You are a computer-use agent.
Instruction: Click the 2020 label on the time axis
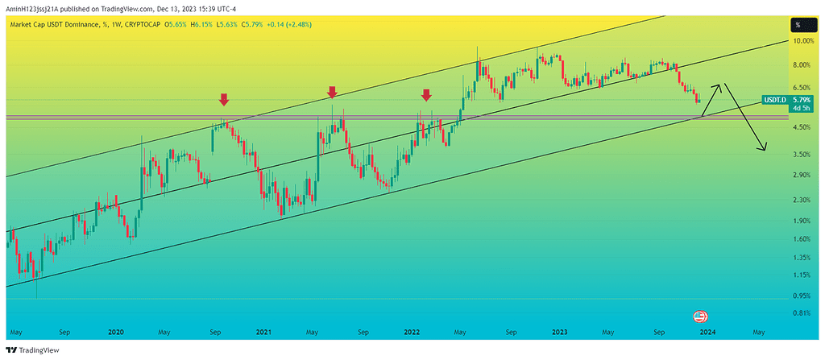tap(115, 331)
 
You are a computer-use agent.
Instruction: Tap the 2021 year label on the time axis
tap(263, 331)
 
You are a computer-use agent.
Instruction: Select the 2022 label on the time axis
tap(412, 331)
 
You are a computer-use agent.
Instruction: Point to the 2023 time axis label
tap(560, 331)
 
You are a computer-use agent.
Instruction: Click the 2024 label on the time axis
tap(707, 331)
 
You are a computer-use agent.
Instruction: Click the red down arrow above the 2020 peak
tap(224, 100)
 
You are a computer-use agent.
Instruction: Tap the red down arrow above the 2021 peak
tap(331, 93)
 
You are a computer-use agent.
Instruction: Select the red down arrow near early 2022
tap(426, 95)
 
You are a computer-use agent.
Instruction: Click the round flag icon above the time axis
tap(700, 316)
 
